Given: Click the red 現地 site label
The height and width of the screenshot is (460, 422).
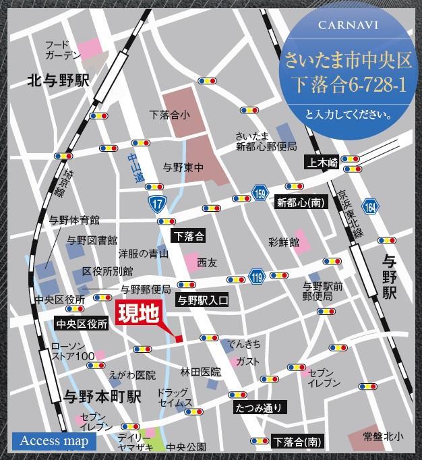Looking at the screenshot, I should (140, 315).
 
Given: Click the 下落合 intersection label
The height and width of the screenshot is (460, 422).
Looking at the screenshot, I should (189, 236).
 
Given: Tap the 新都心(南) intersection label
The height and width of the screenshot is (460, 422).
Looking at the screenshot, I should (299, 201).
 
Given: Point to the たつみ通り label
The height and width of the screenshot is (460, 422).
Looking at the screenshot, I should (261, 407).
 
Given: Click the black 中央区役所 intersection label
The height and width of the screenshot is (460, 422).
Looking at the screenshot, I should (82, 324).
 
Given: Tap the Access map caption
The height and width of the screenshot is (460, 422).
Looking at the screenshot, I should (54, 442).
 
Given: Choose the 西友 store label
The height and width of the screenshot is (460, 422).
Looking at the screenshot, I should (207, 262).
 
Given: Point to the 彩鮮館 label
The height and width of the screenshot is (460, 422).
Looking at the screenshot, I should (283, 241).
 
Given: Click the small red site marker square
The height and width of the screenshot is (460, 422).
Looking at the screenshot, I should (179, 338).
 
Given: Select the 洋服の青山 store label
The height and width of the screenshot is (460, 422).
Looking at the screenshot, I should (144, 254).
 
